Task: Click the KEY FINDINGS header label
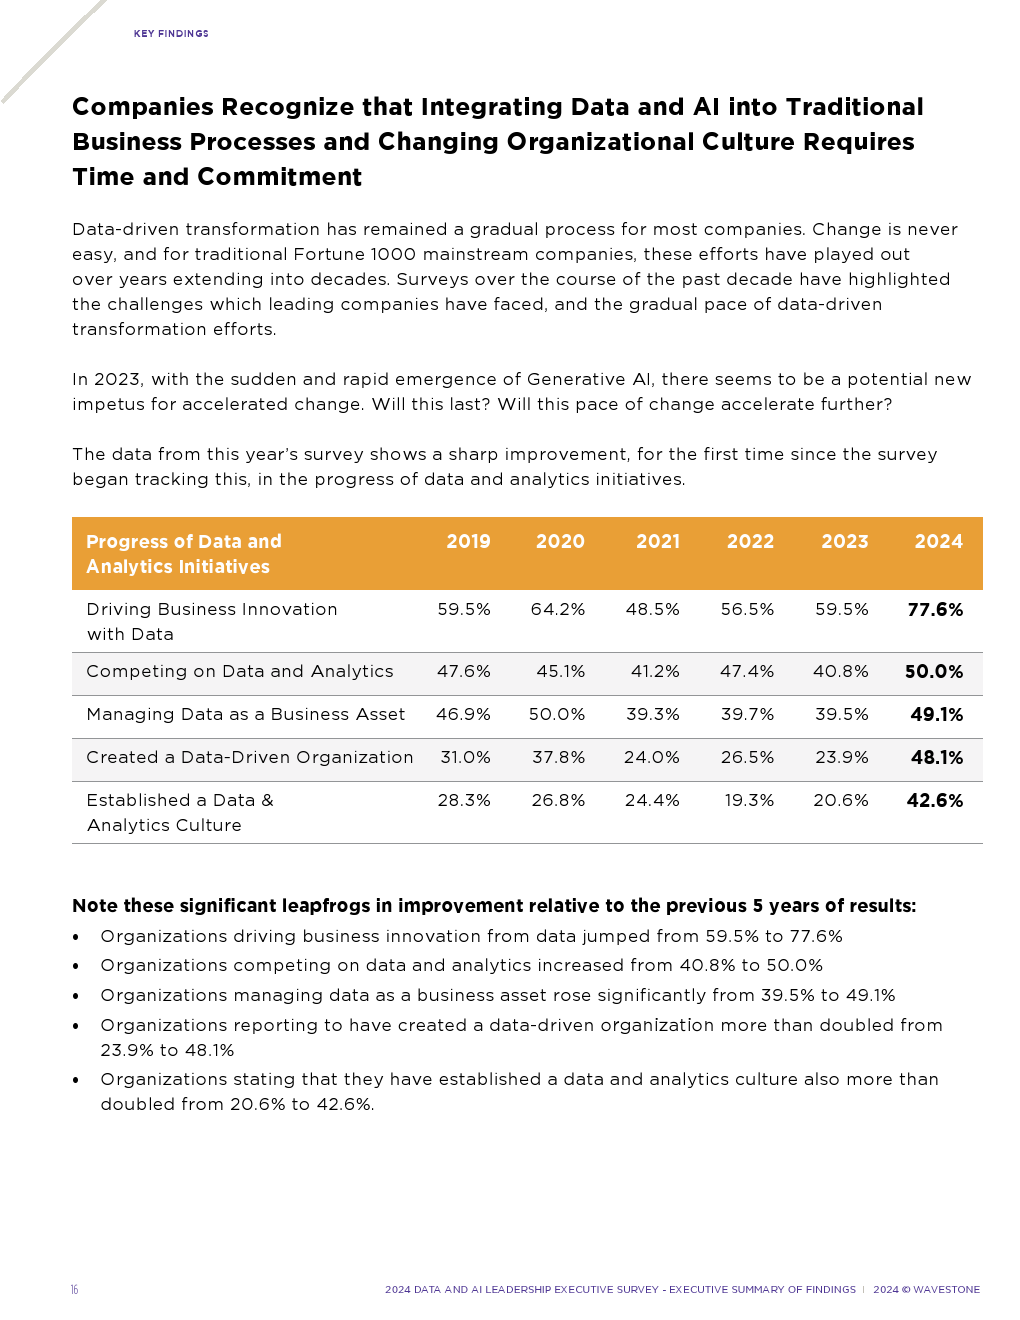171,34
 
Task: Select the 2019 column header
468,542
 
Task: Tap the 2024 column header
938,542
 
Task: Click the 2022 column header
750,542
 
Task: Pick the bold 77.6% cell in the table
935,610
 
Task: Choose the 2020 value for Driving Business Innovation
558,610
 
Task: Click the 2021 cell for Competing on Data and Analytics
655,672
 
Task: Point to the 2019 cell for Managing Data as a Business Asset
463,715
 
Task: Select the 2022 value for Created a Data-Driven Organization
747,758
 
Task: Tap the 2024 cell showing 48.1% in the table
936,758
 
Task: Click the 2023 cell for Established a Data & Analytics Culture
841,801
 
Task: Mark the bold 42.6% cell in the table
935,801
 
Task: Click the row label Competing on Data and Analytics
240,672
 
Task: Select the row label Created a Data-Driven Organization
250,758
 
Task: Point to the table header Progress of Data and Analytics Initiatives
184,554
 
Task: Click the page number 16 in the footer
74,1290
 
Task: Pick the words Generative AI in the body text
590,380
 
